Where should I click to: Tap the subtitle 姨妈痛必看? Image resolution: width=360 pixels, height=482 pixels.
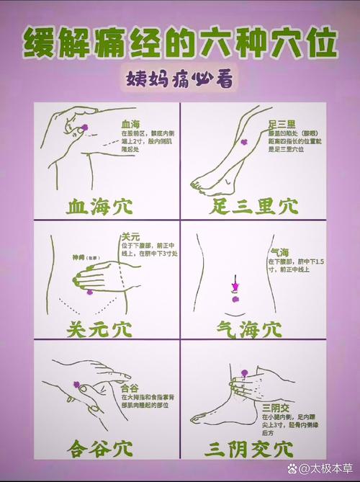tap(179, 78)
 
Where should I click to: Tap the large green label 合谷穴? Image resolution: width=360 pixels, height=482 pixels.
tap(102, 449)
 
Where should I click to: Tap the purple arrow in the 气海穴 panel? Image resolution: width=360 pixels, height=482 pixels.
tap(235, 286)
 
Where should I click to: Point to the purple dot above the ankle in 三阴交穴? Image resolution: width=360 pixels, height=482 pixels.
tap(243, 372)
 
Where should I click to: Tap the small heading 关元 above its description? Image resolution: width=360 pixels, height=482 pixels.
tap(130, 236)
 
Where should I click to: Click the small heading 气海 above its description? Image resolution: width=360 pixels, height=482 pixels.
tap(279, 251)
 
